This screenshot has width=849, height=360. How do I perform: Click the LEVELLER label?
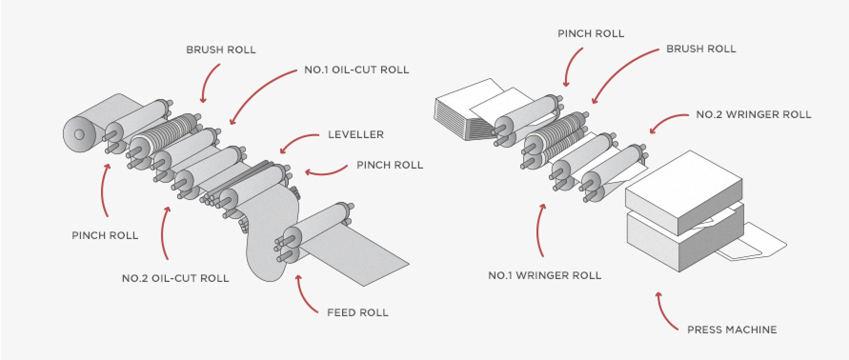coord(355,134)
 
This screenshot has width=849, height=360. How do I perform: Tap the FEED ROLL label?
coord(357,313)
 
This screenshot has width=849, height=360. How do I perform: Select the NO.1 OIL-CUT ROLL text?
coord(356,70)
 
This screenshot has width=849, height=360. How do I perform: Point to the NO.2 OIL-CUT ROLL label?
coord(175,278)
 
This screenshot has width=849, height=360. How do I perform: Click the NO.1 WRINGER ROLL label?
coord(545,275)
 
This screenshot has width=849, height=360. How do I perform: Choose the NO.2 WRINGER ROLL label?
coord(753,114)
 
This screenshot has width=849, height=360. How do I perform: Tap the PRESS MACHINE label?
coord(732,330)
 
